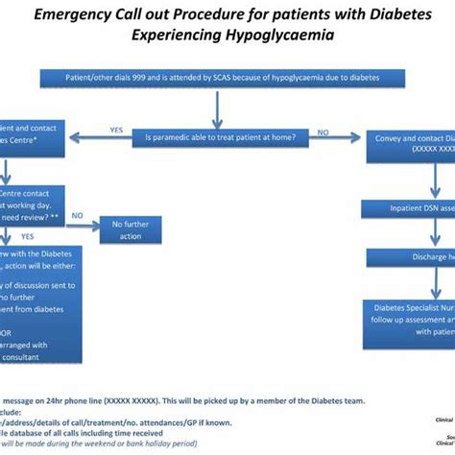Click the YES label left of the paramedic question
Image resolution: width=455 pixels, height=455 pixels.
[x=117, y=130]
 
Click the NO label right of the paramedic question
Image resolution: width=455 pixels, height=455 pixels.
[x=349, y=130]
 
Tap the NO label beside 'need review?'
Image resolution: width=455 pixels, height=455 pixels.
[x=78, y=217]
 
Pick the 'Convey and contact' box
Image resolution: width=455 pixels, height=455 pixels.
[x=414, y=143]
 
